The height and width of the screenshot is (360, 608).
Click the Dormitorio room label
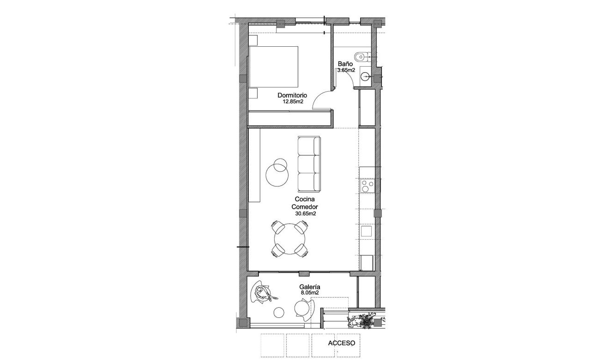(292, 96)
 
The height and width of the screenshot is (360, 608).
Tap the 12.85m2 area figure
(293, 102)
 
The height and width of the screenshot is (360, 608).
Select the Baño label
(345, 64)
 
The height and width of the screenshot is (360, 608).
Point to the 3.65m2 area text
(346, 70)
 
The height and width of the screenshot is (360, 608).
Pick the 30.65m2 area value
(305, 214)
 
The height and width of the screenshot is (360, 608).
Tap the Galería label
(310, 287)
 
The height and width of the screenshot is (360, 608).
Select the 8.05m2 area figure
(310, 293)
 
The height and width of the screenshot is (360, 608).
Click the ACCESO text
(341, 343)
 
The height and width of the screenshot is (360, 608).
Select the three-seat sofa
(309, 164)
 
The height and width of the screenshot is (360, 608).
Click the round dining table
(290, 239)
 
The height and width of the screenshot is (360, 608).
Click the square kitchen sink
(367, 231)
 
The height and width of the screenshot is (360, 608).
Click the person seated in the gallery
(264, 293)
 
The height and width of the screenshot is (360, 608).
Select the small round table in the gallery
(278, 312)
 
